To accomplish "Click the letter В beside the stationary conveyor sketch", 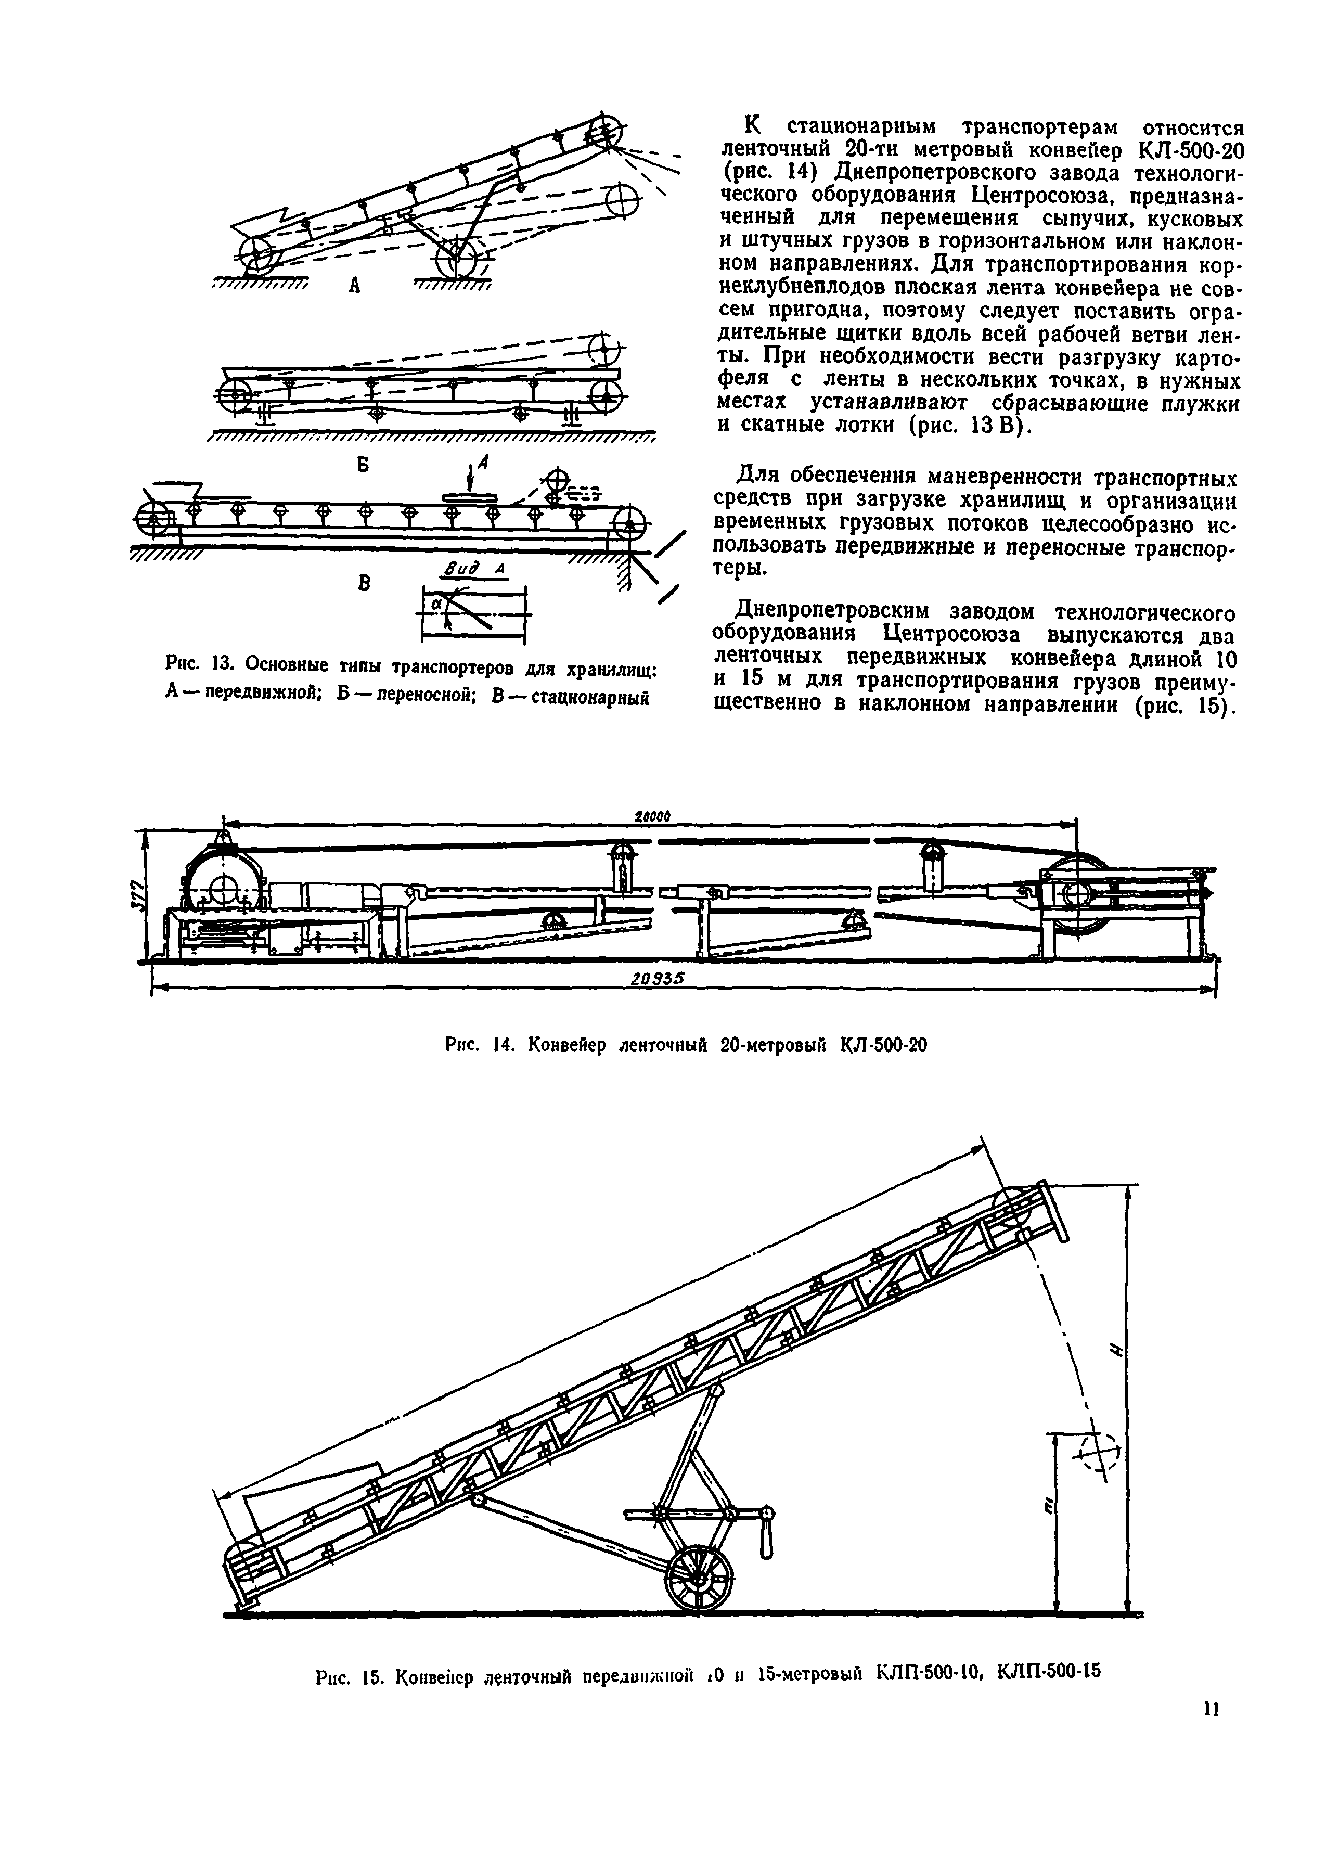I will pos(364,584).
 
